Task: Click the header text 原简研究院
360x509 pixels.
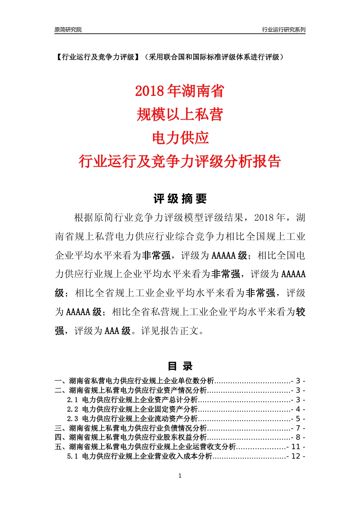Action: point(68,30)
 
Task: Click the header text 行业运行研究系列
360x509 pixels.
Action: point(283,30)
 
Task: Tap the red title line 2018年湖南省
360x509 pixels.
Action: point(180,91)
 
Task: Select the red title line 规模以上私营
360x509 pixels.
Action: point(180,114)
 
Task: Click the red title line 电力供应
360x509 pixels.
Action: point(180,138)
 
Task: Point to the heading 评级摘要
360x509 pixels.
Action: point(180,199)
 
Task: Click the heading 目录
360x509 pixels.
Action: point(180,366)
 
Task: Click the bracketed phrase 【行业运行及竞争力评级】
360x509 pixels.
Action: point(97,57)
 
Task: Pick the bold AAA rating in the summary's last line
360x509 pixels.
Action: point(112,331)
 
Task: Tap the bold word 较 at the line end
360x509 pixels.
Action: point(301,312)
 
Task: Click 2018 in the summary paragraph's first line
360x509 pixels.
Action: point(264,218)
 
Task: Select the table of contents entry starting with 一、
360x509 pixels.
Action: point(135,381)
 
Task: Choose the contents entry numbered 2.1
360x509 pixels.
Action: point(133,400)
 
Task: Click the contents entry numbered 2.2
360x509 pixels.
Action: point(133,409)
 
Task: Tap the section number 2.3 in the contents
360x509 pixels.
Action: point(72,419)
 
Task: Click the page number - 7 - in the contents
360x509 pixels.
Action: point(298,428)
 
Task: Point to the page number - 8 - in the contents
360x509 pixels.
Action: point(298,438)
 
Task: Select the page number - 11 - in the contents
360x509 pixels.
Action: point(296,447)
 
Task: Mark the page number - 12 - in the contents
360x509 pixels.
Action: point(296,457)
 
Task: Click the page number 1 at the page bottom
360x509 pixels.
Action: point(180,476)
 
